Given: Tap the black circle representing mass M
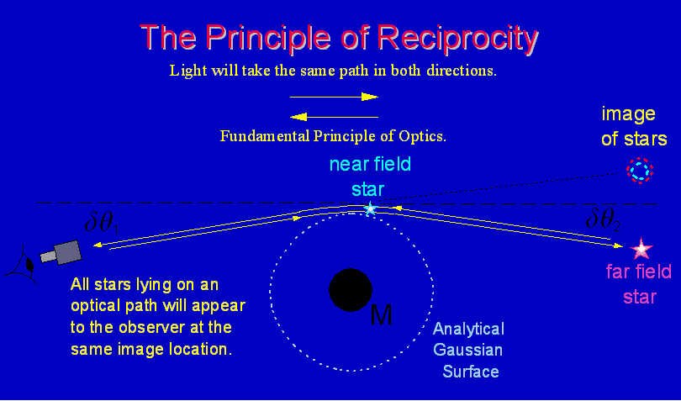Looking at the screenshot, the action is click(x=351, y=290).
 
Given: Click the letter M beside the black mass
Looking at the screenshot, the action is click(x=381, y=315).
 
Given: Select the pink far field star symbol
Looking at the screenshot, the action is click(x=641, y=249).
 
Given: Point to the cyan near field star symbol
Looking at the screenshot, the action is click(x=370, y=209).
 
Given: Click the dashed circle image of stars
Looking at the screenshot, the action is click(x=640, y=171).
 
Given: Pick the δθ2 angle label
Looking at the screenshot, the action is click(x=603, y=219).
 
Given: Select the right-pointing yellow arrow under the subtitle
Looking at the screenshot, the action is click(x=334, y=97).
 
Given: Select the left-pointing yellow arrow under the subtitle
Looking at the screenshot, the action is click(x=334, y=117).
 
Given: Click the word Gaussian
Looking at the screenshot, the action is click(x=467, y=350).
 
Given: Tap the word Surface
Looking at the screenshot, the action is click(x=470, y=371).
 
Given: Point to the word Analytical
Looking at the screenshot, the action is click(x=468, y=329).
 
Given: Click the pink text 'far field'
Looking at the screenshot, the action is click(x=638, y=272).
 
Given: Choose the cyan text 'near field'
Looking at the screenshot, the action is click(x=370, y=165).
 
